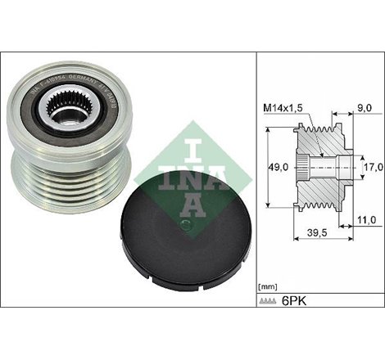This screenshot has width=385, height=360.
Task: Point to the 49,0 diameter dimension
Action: [x=280, y=169]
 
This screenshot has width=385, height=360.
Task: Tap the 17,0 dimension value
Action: [x=374, y=168]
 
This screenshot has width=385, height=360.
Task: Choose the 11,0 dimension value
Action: [x=368, y=219]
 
